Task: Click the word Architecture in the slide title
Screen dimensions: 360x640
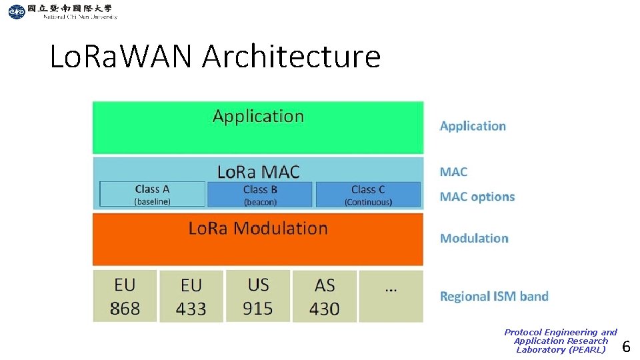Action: tap(291, 57)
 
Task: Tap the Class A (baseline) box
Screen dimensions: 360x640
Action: tap(152, 194)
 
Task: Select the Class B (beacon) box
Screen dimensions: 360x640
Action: tap(259, 194)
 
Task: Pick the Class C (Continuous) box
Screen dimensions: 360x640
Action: tap(368, 194)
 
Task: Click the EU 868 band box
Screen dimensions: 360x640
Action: tap(125, 296)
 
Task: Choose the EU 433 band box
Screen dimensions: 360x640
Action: tap(191, 297)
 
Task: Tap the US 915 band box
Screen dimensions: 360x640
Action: tap(258, 296)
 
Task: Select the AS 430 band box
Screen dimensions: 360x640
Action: tap(324, 297)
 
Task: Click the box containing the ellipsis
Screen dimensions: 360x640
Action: tap(391, 296)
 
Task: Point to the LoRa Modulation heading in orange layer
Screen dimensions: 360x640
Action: tap(258, 229)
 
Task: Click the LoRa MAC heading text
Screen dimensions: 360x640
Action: tap(259, 171)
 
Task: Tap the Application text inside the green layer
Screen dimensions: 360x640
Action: tap(258, 116)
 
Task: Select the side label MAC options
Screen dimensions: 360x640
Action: tap(477, 197)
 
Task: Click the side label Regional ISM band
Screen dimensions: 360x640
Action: tap(494, 296)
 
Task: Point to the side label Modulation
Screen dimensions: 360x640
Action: tap(474, 238)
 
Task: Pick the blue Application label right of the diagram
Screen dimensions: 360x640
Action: tap(473, 126)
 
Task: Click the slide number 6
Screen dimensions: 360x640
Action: tap(626, 346)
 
